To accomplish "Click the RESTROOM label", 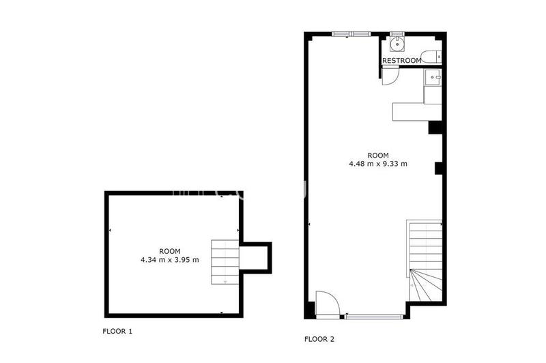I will pyautogui.click(x=401, y=61).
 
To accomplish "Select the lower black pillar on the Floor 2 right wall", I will pyautogui.click(x=440, y=168).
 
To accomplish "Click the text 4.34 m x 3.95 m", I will pyautogui.click(x=169, y=259).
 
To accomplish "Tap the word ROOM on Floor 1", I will pyautogui.click(x=169, y=250).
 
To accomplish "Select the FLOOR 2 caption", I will pyautogui.click(x=319, y=338).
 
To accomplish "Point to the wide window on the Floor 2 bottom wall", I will pyautogui.click(x=374, y=316).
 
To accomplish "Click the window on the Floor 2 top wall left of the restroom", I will pyautogui.click(x=351, y=33).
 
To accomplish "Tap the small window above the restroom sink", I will pyautogui.click(x=397, y=33).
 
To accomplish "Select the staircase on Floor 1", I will pyautogui.click(x=225, y=261).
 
